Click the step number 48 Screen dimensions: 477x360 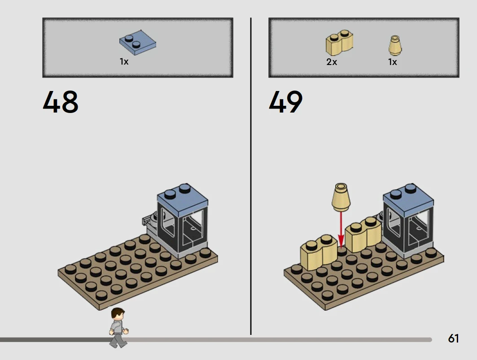pos(61,102)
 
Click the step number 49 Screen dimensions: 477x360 pos(286,102)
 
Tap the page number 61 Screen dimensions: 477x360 pos(453,338)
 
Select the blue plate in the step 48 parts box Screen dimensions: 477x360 pos(137,43)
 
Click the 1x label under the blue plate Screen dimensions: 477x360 pos(124,62)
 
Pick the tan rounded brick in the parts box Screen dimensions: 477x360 pos(339,43)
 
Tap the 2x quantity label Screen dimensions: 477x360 pos(332,62)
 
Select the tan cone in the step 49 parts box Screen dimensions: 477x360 pos(395,45)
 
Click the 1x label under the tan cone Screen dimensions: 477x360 pos(393,62)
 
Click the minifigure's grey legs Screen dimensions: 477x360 pos(118,341)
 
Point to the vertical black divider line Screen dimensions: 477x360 pos(251,176)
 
